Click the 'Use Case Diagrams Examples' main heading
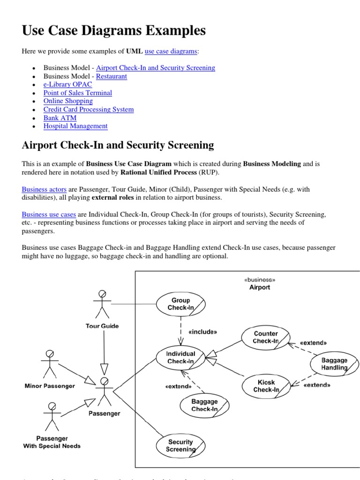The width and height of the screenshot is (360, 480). pos(113,31)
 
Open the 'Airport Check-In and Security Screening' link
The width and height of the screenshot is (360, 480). pos(155,67)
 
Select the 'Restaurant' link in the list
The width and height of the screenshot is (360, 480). pos(111,76)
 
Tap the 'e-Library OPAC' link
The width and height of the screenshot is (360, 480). pos(67,84)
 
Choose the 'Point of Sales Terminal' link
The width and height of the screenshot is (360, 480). pos(77,93)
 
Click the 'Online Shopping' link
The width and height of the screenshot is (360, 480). pos(68,101)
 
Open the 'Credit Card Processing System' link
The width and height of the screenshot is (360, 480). pos(88,109)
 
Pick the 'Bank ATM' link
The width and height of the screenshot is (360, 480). pos(60,118)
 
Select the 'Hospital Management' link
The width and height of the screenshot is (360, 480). pos(75,126)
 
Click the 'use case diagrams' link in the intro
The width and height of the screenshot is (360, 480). pos(171,51)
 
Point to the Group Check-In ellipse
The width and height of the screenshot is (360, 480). pos(180,304)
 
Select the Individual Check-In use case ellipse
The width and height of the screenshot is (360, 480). pos(180,358)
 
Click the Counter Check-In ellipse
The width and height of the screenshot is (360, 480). pos(266,337)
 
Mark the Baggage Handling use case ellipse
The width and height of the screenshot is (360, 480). pos(334,364)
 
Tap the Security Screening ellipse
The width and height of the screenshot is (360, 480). pos(180,445)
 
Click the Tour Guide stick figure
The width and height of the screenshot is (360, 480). pos(102,304)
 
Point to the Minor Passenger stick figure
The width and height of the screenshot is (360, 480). pos(49,364)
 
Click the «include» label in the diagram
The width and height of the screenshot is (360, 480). pos(202,332)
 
